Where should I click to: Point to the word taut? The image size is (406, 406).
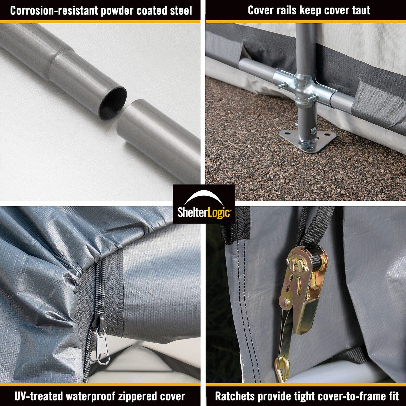361,10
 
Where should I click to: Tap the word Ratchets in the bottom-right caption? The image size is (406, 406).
235,396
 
